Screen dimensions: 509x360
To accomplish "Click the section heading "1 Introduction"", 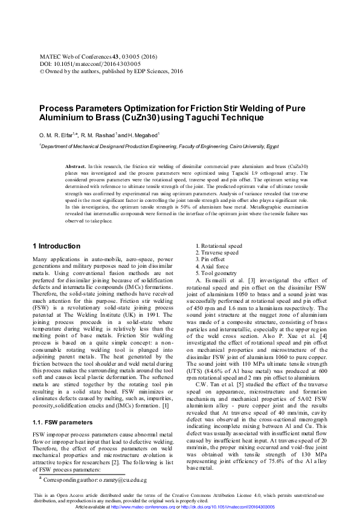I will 56,246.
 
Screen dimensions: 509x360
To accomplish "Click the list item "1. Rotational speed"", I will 219,246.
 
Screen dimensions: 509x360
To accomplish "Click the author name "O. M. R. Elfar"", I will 55,135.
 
